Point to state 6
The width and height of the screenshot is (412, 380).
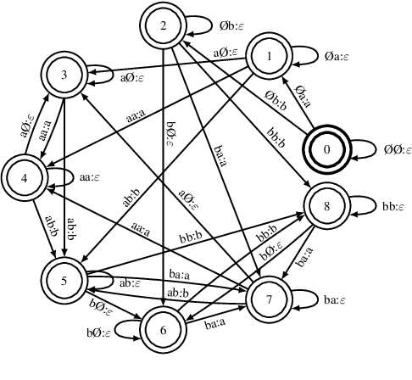click(x=164, y=329)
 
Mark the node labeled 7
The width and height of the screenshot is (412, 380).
click(x=269, y=299)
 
